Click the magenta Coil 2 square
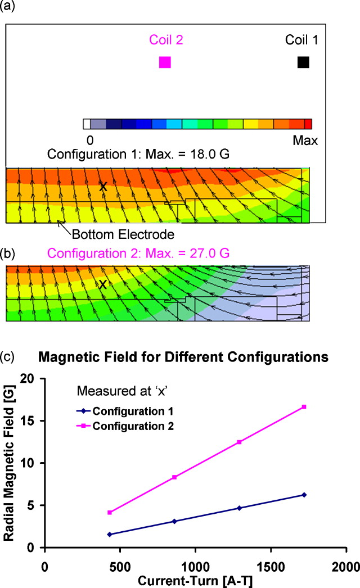[x=165, y=62]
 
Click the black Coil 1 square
[x=303, y=62]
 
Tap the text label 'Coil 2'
[x=166, y=40]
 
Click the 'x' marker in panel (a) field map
[x=103, y=186]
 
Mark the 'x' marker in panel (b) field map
[x=103, y=284]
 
